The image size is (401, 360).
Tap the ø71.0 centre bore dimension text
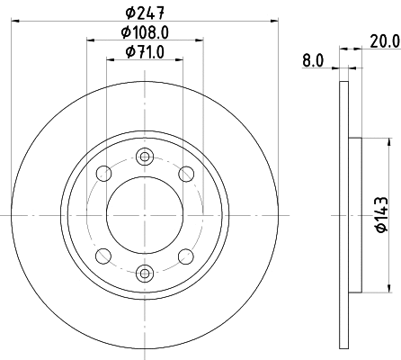pos(145,51)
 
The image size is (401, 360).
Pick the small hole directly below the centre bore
pos(145,273)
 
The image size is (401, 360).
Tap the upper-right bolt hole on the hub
pos(186,174)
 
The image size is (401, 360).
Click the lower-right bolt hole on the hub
pos(186,256)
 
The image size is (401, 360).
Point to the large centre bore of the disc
pos(145,215)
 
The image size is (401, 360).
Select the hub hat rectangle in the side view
pos(354,215)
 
